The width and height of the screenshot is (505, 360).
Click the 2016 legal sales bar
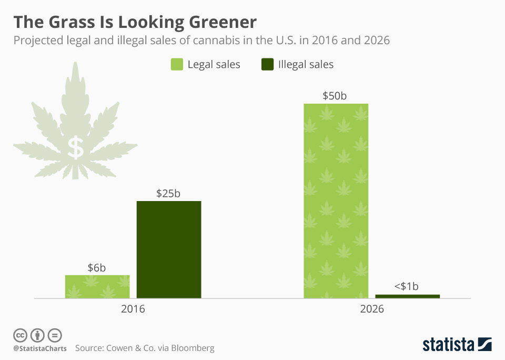click(x=97, y=286)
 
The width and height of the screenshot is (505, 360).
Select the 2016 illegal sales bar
click(x=169, y=249)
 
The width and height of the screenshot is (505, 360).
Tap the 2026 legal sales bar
click(x=336, y=201)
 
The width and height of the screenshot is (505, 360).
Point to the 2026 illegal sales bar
click(x=407, y=296)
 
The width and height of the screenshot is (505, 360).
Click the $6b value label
click(x=97, y=268)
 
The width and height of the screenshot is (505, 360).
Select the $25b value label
click(x=168, y=193)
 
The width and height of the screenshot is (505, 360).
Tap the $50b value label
click(x=335, y=96)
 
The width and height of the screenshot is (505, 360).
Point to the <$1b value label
click(x=406, y=286)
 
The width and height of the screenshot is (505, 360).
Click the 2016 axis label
click(x=133, y=309)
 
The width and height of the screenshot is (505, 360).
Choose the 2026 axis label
click(x=372, y=309)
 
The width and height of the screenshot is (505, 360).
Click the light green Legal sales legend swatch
click(x=177, y=64)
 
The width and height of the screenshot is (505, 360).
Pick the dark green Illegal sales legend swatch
click(x=267, y=64)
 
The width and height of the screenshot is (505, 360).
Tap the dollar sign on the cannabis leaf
click(x=76, y=147)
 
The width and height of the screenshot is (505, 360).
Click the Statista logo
click(x=457, y=344)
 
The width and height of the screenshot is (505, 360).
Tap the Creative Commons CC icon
click(x=20, y=335)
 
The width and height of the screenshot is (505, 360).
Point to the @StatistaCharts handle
click(x=40, y=348)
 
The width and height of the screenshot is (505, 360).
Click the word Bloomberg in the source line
click(x=193, y=348)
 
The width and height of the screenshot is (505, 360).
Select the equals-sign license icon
click(x=55, y=335)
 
